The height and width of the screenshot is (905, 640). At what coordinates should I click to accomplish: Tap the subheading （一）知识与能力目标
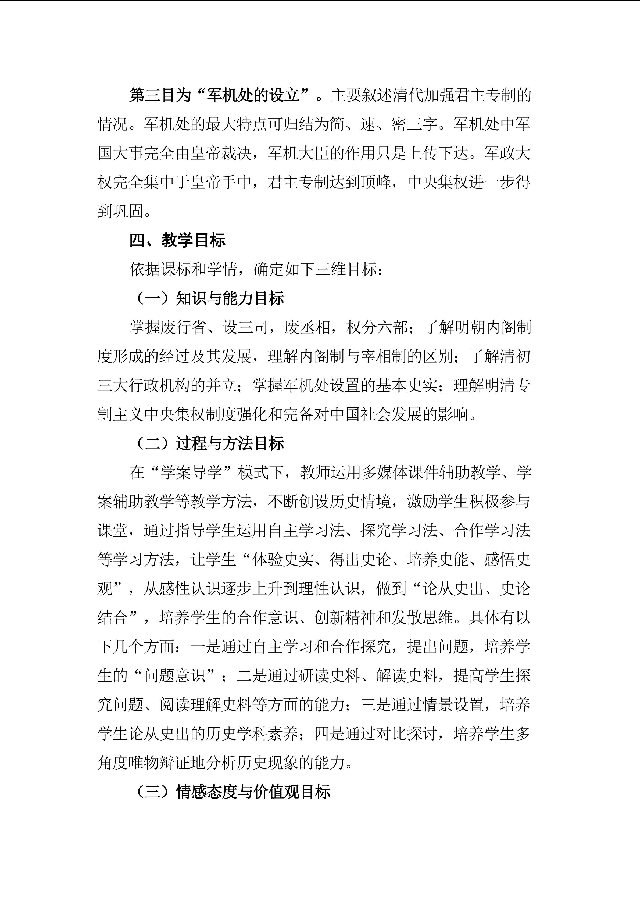(x=209, y=298)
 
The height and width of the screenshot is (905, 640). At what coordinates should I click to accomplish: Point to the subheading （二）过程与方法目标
(x=209, y=443)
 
